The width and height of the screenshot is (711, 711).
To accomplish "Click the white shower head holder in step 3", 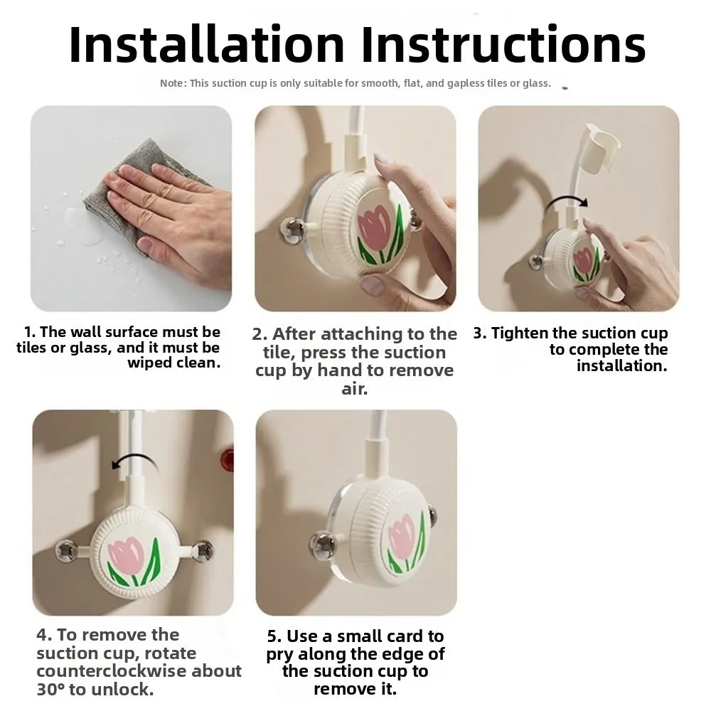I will (599, 149).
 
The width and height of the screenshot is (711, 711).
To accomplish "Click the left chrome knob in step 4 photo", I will (65, 548).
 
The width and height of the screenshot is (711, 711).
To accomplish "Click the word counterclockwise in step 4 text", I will (139, 671).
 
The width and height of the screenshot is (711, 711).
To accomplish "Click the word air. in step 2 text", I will (355, 389).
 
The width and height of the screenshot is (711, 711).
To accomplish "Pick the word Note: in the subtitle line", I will (173, 83).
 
